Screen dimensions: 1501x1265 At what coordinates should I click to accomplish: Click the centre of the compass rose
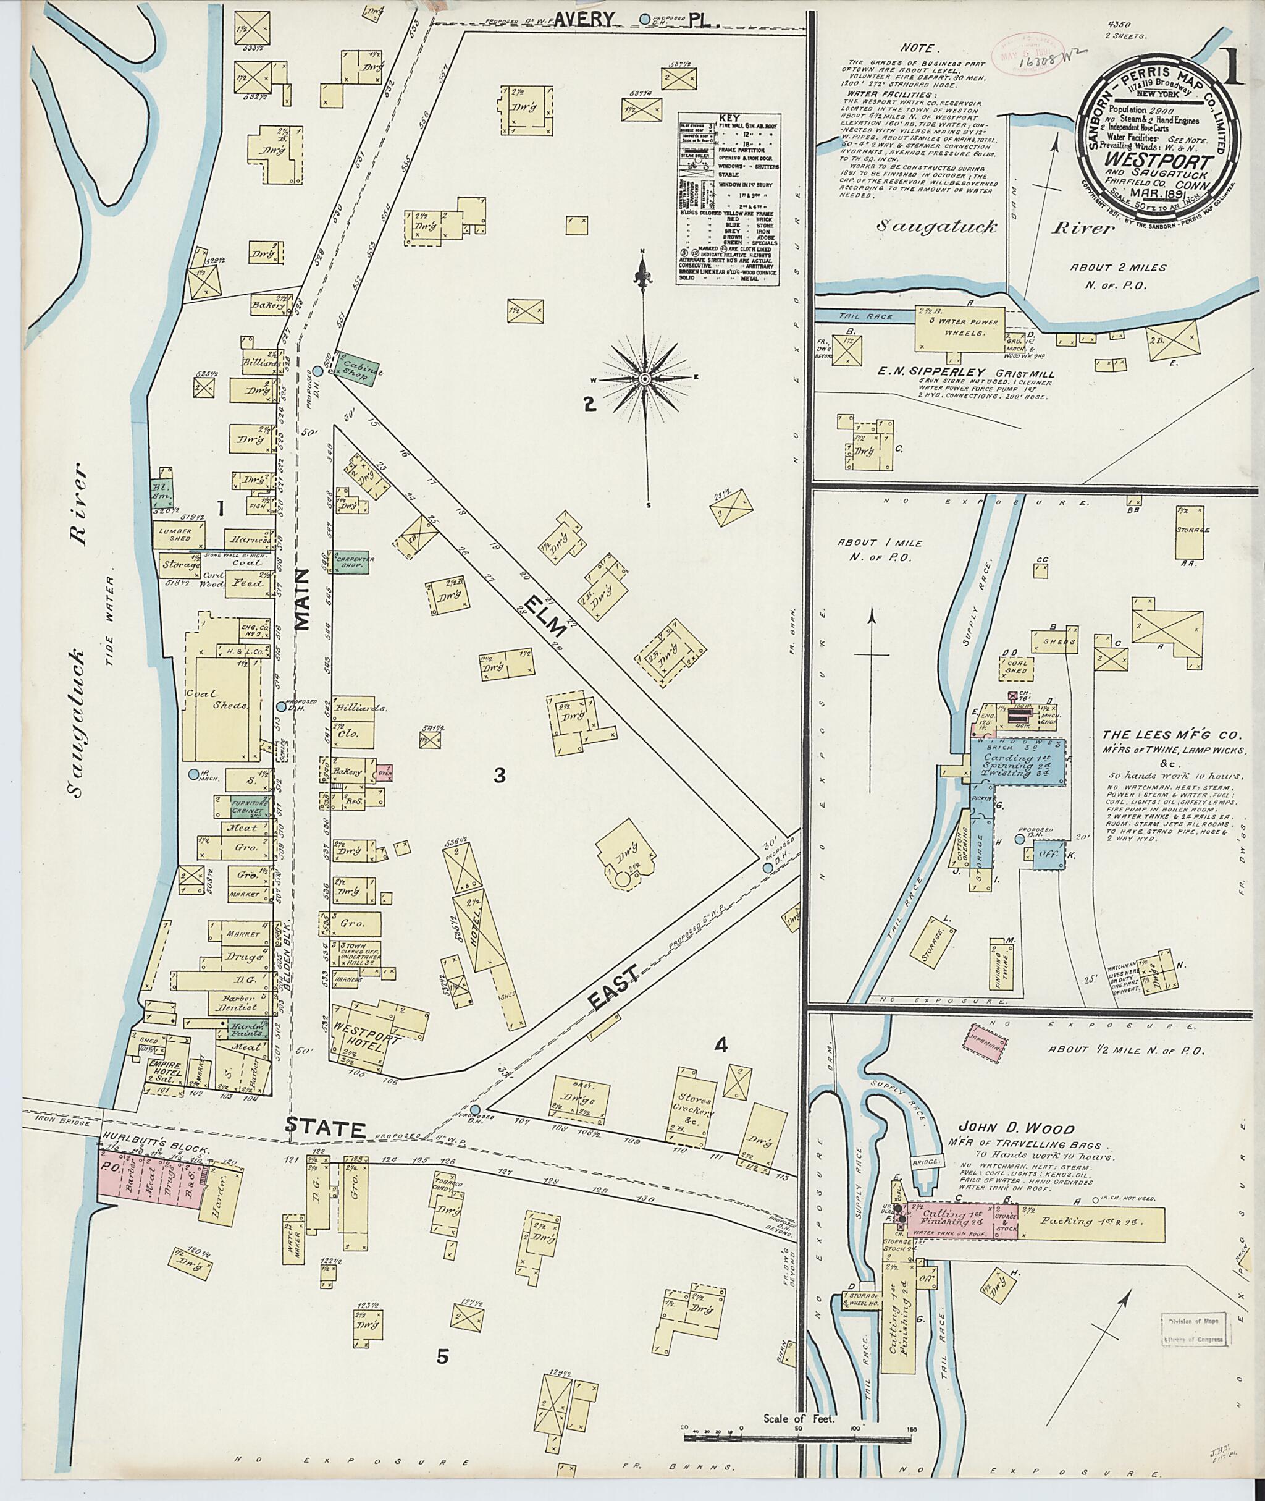644,378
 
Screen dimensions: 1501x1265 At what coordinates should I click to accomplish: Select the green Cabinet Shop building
352,367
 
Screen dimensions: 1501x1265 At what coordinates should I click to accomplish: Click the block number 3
500,775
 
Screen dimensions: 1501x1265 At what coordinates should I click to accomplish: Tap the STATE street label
326,1128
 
